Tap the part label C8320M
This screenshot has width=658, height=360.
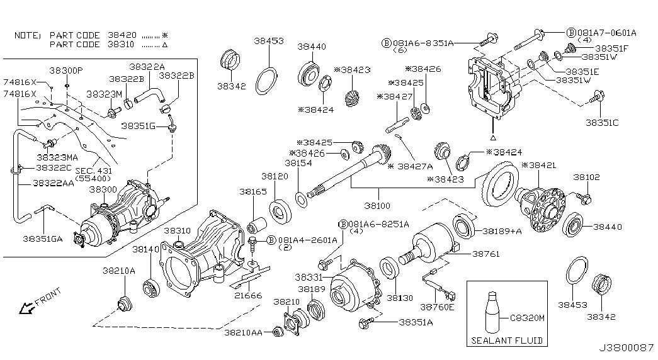click(527, 318)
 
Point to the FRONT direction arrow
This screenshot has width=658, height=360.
click(26, 308)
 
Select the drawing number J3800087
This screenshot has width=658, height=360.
click(626, 348)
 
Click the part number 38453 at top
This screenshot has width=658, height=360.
click(269, 41)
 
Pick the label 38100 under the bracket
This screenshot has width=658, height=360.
click(377, 206)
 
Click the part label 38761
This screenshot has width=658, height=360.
click(486, 254)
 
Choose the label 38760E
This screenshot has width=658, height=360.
click(437, 307)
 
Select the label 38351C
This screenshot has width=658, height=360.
click(602, 123)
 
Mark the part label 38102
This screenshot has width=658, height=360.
click(587, 177)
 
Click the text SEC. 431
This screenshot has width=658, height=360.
click(94, 171)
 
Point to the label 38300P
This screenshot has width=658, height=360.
click(66, 70)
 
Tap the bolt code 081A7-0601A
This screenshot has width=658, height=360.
click(607, 32)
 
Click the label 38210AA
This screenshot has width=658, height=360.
click(244, 332)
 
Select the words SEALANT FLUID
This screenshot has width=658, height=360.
click(507, 340)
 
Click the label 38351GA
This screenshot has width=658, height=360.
click(42, 239)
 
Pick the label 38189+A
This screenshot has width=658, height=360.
click(502, 231)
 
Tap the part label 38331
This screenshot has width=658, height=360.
click(309, 277)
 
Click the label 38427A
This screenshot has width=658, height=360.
click(415, 166)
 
